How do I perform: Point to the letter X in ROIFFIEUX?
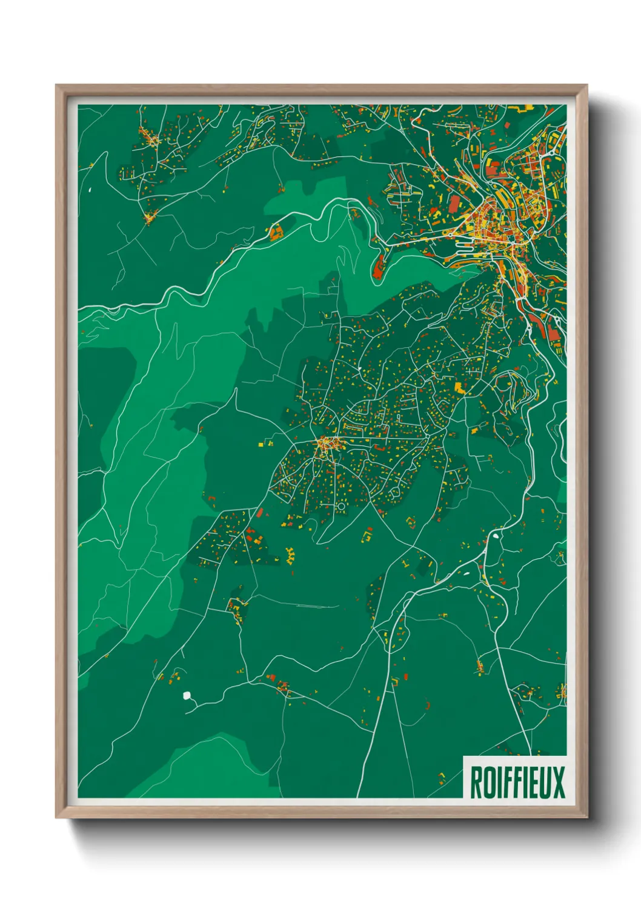point(558,782)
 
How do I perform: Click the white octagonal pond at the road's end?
point(187,696)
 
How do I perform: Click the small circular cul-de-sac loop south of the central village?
point(340,505)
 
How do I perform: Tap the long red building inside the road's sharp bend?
point(379,265)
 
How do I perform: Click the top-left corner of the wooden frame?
point(56,85)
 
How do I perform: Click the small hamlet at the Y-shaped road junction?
point(150,216)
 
